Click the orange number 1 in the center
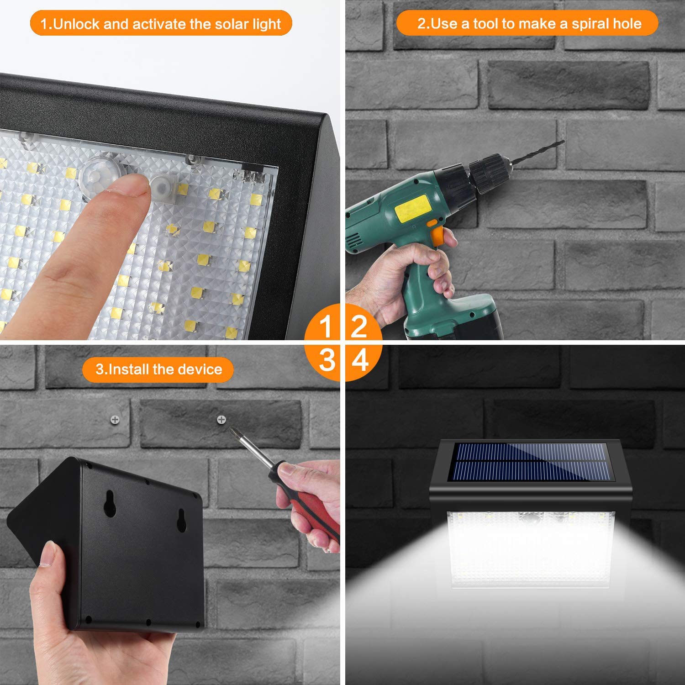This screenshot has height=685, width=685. tap(326, 326)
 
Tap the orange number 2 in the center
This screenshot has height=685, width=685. tap(359, 326)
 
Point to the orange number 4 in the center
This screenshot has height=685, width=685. tap(360, 359)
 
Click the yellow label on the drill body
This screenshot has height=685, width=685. tap(412, 208)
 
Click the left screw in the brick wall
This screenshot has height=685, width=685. tap(115, 419)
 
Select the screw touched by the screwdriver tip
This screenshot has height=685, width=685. tap(221, 419)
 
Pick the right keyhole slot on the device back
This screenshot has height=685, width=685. tap(182, 520)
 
